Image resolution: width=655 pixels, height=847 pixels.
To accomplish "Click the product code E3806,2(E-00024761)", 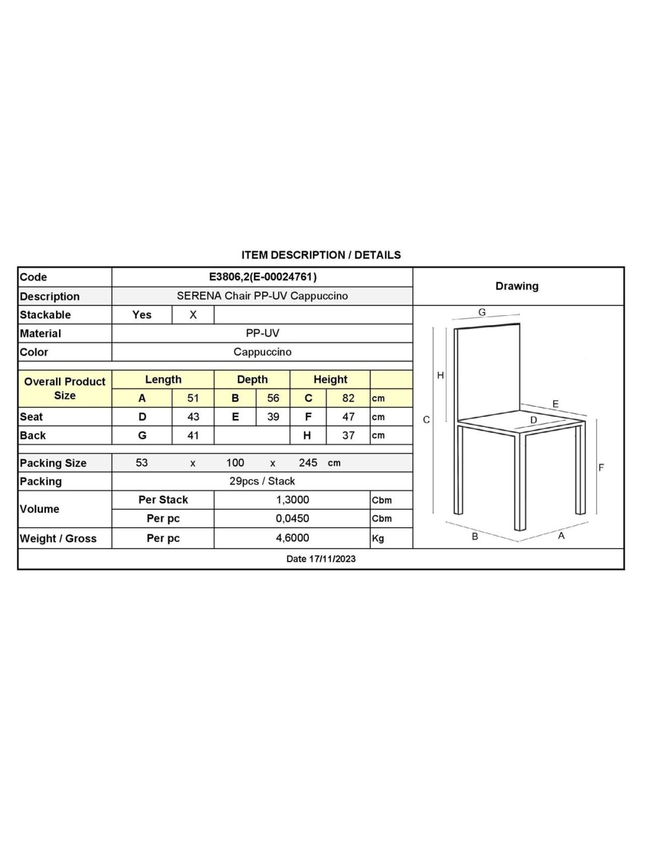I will [x=263, y=277].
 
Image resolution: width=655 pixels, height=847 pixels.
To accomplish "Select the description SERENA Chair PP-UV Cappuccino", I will [x=262, y=296].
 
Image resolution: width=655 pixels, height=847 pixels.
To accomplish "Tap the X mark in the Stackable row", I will [x=193, y=315].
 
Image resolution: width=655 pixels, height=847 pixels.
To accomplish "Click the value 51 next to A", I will [x=193, y=398].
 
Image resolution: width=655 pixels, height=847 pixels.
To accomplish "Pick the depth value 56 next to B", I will [x=273, y=398].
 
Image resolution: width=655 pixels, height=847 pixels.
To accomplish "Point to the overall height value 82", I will [x=348, y=398].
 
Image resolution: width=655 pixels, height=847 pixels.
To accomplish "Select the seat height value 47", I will [x=348, y=417].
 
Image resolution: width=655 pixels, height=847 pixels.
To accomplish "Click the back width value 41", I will [x=193, y=435].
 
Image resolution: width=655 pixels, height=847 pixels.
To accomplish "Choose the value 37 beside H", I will [x=348, y=435].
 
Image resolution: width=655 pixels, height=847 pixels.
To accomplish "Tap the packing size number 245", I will [x=308, y=463].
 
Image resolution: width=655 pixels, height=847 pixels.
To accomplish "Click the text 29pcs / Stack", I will [x=262, y=481].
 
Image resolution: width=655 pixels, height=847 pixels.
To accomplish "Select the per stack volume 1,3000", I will [x=292, y=500].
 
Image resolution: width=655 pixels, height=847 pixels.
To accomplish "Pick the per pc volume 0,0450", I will [x=292, y=519].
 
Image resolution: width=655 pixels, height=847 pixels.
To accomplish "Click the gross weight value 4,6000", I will [x=292, y=538].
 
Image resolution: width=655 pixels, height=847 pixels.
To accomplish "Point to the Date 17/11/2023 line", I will [x=321, y=559].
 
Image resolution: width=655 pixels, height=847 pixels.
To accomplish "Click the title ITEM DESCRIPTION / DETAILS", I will [x=321, y=255].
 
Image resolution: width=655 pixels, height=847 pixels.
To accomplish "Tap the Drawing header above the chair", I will [x=517, y=287].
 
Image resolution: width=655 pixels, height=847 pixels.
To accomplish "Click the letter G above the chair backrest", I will [x=482, y=312].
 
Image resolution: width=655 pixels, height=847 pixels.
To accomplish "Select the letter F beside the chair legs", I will [x=601, y=468].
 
